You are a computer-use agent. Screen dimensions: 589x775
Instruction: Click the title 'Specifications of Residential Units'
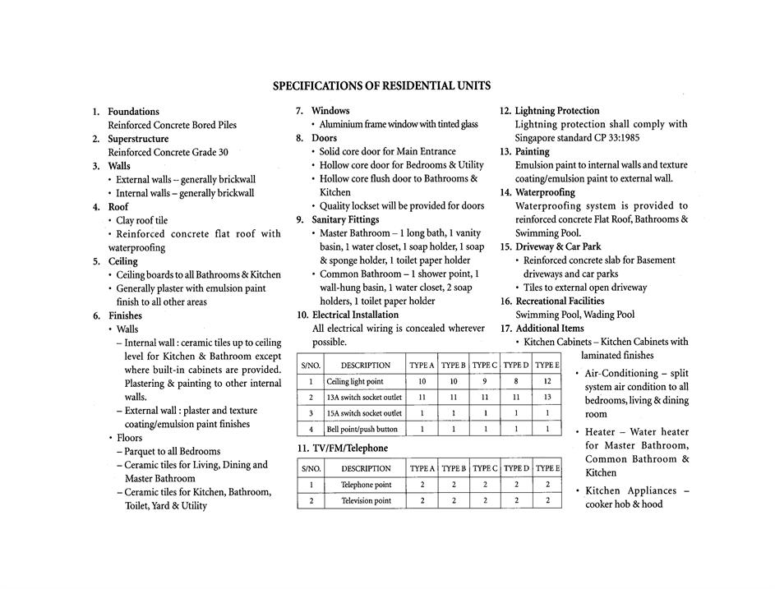tap(381, 85)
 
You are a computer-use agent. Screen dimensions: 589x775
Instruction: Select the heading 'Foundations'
tap(133, 111)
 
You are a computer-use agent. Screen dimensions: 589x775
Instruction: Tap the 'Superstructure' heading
tap(138, 139)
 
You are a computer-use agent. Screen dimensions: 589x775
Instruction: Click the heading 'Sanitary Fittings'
tap(345, 219)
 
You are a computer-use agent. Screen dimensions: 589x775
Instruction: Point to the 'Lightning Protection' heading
tap(557, 110)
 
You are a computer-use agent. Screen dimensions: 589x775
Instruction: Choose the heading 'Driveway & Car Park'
tap(558, 246)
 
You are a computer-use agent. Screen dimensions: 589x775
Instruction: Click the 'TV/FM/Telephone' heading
tap(342, 449)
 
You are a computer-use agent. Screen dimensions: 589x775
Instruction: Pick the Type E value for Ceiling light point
tap(547, 382)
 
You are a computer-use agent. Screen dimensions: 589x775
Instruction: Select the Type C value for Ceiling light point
tap(485, 382)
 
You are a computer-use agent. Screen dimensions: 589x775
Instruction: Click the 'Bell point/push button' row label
tap(362, 429)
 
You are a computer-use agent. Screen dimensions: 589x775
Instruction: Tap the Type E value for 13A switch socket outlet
tap(547, 398)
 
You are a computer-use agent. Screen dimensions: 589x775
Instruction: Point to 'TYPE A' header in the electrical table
tap(422, 365)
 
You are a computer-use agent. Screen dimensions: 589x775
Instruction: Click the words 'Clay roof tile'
tap(141, 220)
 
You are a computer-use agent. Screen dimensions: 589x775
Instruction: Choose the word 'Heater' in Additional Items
tap(602, 432)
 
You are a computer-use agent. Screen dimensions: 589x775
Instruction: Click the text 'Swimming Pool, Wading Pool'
tap(574, 315)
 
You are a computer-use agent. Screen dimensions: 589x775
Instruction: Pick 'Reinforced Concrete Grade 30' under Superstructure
tap(168, 152)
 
